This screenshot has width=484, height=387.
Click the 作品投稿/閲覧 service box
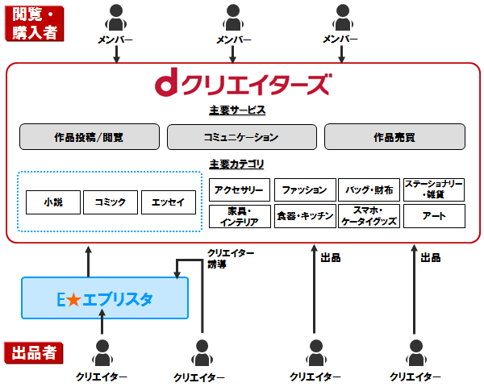tap(90, 137)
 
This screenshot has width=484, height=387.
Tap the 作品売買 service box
tap(394, 137)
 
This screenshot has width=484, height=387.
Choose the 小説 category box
tap(52, 202)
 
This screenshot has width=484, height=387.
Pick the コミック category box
tap(110, 202)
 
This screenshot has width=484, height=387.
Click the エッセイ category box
tap(168, 202)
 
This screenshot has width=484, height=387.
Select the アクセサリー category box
tap(239, 190)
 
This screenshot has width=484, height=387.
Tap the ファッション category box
tap(305, 190)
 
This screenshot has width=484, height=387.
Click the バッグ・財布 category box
tap(369, 190)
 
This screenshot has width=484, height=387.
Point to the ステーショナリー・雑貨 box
tap(434, 189)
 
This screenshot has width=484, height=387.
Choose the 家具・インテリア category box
tap(239, 216)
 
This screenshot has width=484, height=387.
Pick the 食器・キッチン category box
tap(305, 216)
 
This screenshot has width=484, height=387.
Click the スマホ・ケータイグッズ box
tap(369, 216)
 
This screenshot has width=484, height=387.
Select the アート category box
tap(434, 216)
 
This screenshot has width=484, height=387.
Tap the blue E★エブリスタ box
tap(105, 298)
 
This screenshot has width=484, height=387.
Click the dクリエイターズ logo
tap(242, 84)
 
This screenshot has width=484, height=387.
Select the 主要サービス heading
tap(237, 110)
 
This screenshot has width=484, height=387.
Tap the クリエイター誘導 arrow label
tap(230, 258)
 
